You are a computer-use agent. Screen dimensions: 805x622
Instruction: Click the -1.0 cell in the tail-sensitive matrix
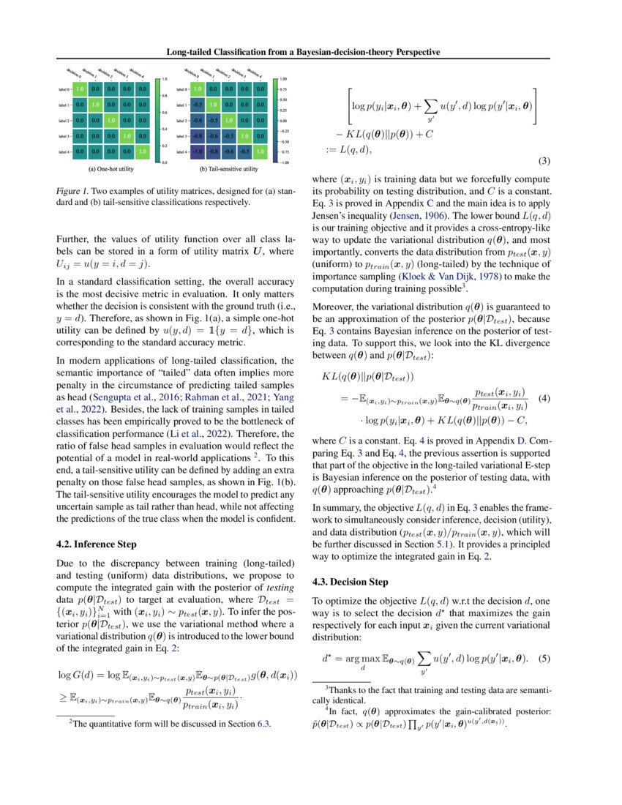click(x=196, y=151)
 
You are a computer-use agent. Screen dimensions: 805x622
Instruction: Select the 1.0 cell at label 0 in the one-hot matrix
click(x=81, y=89)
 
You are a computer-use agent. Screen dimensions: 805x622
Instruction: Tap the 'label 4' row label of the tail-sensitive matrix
click(x=179, y=151)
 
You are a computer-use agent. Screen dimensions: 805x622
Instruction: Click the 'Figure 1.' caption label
click(x=72, y=190)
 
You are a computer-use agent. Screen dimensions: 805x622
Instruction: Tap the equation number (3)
click(x=544, y=160)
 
